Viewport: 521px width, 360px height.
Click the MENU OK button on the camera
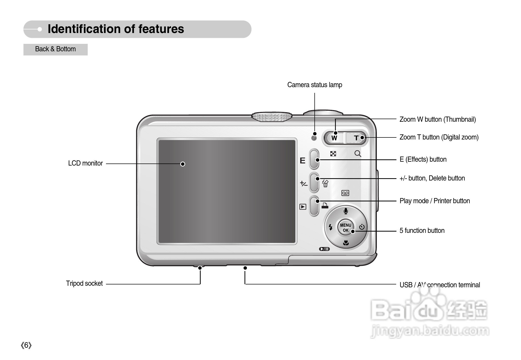[345, 227]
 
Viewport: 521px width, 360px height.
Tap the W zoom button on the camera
[334, 138]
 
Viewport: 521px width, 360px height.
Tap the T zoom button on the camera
[356, 138]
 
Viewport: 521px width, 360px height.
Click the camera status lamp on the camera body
[314, 138]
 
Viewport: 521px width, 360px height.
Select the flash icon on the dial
[330, 227]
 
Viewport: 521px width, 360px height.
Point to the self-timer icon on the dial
[362, 227]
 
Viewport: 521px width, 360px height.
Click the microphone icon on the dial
[346, 211]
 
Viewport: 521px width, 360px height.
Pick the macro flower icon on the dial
[346, 243]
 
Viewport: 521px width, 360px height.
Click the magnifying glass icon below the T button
[358, 154]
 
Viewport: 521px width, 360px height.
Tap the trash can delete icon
[325, 184]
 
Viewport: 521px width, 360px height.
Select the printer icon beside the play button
[325, 206]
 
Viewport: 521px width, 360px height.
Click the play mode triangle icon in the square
[303, 207]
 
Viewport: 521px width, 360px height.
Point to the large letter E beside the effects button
[303, 161]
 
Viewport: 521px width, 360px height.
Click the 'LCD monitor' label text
[85, 163]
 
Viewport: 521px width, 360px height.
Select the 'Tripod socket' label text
[84, 283]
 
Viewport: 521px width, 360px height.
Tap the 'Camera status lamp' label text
[315, 85]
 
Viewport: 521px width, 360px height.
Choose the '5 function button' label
[422, 231]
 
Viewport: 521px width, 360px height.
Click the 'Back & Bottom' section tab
[55, 49]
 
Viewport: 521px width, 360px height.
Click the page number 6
[26, 345]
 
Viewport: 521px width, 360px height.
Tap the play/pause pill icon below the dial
[324, 249]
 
